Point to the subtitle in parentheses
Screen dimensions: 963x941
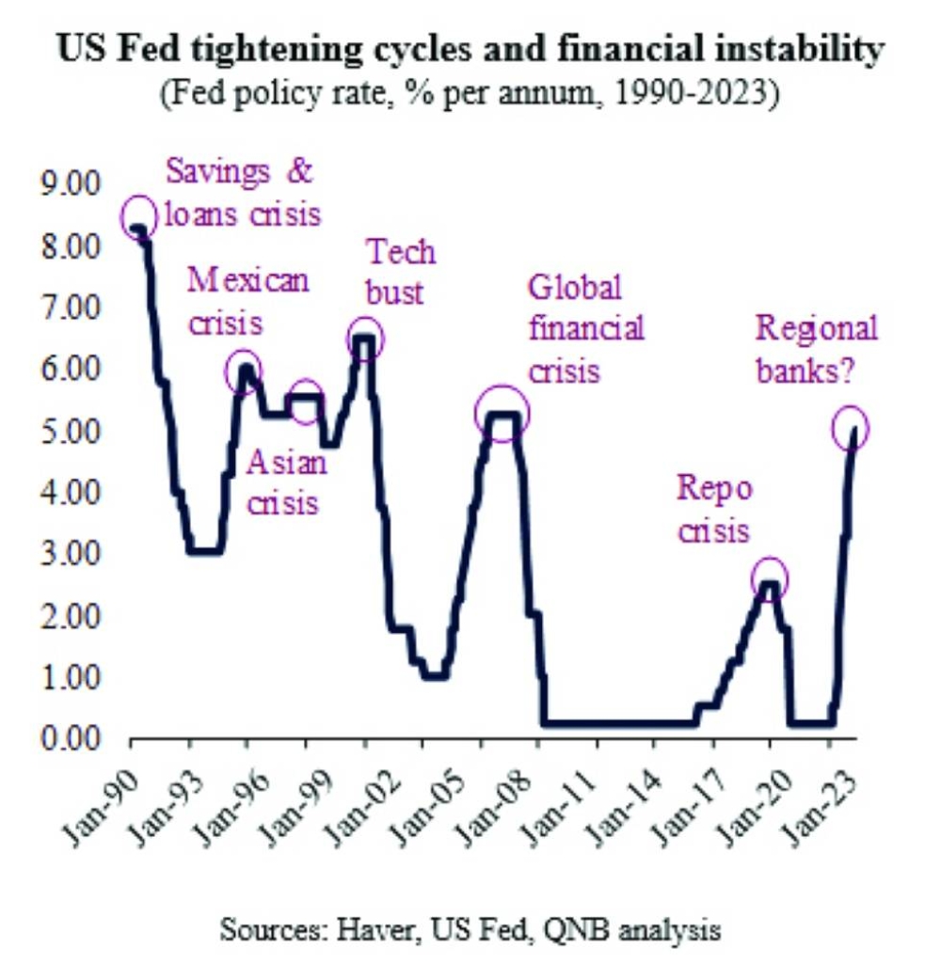(470, 94)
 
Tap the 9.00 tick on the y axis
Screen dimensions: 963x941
(72, 184)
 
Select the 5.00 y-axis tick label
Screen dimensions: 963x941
(72, 431)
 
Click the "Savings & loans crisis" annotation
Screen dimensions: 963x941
(242, 194)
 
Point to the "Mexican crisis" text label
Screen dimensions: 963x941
(247, 300)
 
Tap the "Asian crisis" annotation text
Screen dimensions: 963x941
(285, 481)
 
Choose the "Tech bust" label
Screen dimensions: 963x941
(400, 271)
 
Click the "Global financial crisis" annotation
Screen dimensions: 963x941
(585, 328)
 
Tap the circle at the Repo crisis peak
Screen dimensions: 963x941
(770, 579)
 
